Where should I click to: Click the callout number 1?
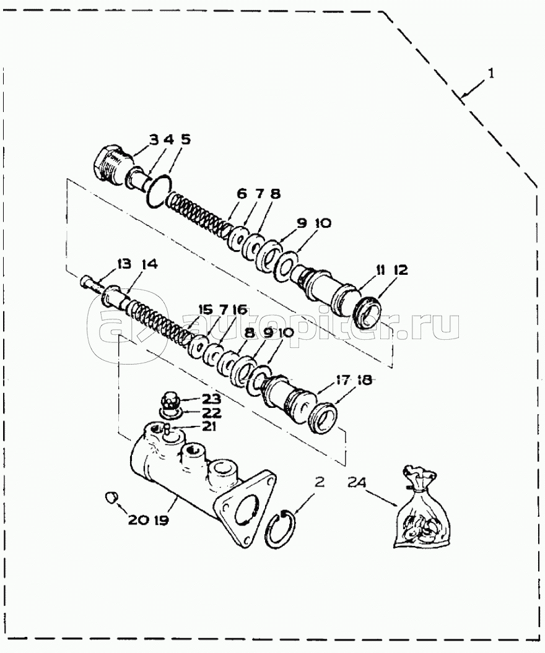(491, 74)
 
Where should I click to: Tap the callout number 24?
(357, 482)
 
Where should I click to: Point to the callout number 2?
(319, 482)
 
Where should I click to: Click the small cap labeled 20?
(111, 497)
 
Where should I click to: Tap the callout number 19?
(161, 521)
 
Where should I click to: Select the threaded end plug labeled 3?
(111, 166)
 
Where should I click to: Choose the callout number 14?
(149, 264)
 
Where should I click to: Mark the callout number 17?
(342, 380)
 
